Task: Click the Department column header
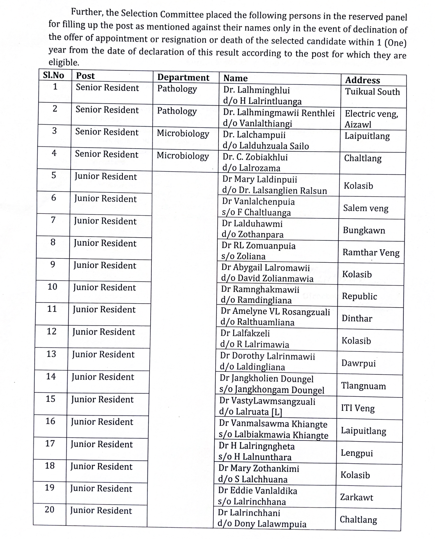[x=183, y=77]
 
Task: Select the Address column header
[x=362, y=80]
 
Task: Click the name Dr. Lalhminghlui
[x=256, y=90]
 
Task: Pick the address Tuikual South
[x=372, y=92]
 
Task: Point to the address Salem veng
[x=366, y=208]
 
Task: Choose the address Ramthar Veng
[x=371, y=252]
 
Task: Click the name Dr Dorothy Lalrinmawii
[x=267, y=356]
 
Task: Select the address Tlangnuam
[x=363, y=386]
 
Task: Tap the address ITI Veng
[x=357, y=408]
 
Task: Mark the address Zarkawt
[x=356, y=498]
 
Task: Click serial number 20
[x=50, y=510]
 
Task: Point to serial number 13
[x=51, y=354]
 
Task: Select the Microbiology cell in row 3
[x=183, y=134]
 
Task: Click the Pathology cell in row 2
[x=177, y=111]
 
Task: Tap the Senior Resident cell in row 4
[x=107, y=154]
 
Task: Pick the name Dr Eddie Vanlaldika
[x=257, y=491]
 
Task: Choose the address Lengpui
[x=357, y=453]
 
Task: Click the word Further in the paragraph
[x=86, y=12]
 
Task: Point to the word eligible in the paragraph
[x=63, y=63]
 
